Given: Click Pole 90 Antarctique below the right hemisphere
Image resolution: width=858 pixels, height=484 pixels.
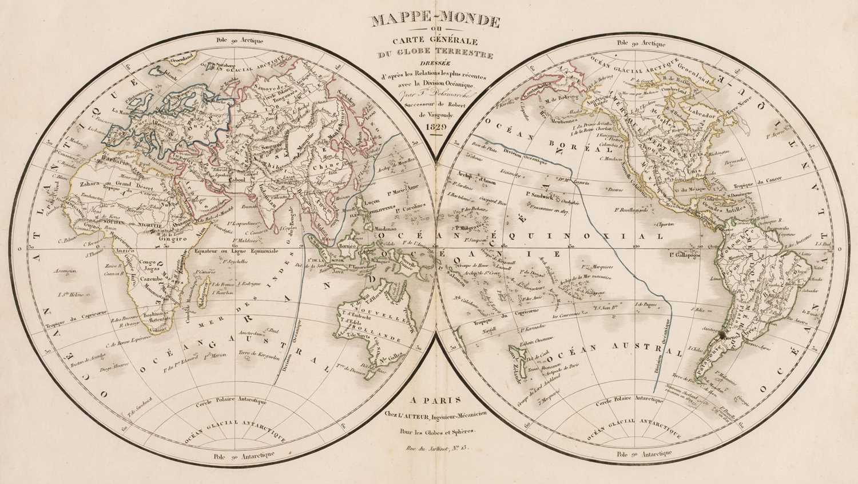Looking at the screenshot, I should tap(636, 453).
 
